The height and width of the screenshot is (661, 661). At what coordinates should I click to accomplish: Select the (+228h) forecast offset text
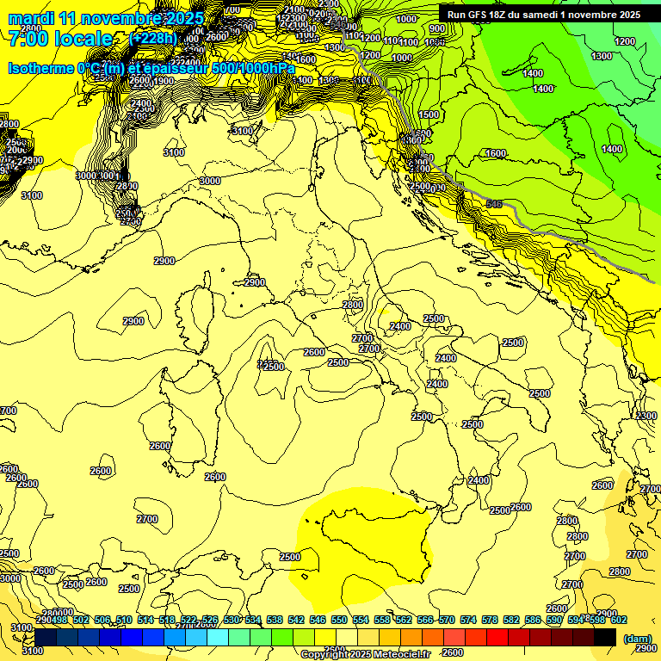pos(152,39)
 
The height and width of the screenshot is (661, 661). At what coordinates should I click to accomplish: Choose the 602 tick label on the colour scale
pos(619,621)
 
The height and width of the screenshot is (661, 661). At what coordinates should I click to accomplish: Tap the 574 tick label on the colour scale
pos(468,621)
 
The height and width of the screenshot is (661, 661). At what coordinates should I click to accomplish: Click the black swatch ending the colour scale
pos(605,637)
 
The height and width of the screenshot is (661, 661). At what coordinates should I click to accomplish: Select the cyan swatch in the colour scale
pos(218,637)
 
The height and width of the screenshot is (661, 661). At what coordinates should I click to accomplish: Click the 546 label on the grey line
pos(493,204)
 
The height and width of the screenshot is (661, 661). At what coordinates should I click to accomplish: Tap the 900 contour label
pos(436,29)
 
